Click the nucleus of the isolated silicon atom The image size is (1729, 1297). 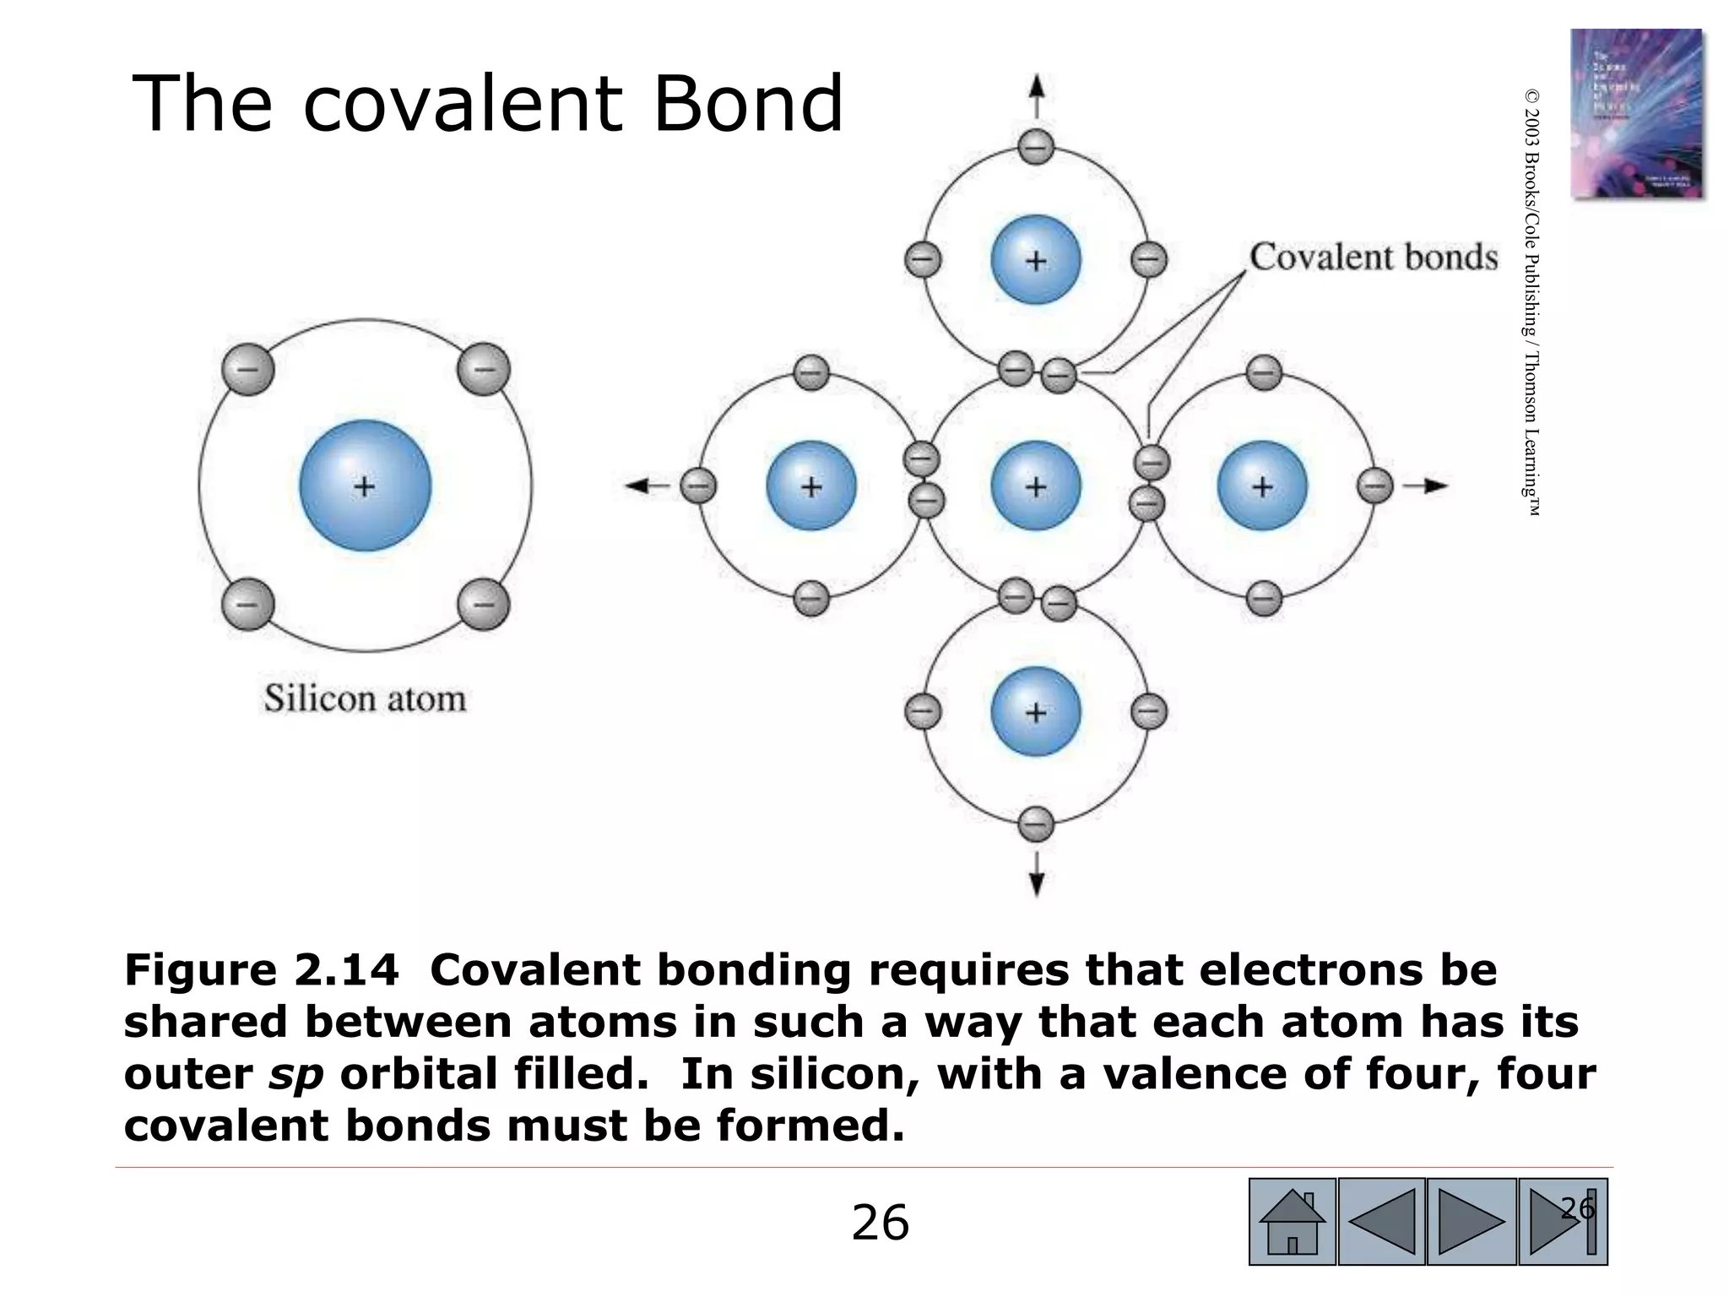(366, 486)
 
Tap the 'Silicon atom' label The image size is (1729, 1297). (365, 699)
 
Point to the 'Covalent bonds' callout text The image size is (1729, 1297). (1374, 257)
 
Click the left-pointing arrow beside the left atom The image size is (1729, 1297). (646, 486)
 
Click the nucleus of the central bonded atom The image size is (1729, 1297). (1036, 486)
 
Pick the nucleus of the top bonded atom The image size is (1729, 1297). (1036, 259)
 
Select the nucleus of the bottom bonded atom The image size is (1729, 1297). (1036, 712)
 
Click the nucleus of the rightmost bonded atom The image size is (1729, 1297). (1262, 486)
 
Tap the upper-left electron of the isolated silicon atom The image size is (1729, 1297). (248, 369)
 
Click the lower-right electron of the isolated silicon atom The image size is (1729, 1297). (484, 605)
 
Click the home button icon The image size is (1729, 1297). (1292, 1222)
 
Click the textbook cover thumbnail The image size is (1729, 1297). (1635, 114)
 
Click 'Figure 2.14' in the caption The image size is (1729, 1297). (261, 969)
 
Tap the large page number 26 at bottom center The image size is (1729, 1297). (880, 1223)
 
